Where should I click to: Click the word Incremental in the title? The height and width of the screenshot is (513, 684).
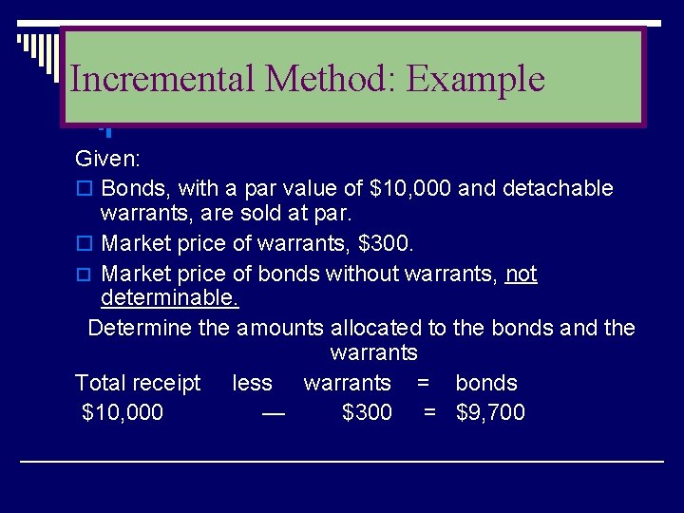[x=162, y=78]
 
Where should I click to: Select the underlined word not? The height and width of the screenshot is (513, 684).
[x=522, y=275]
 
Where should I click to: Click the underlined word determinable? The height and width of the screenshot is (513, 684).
[x=170, y=299]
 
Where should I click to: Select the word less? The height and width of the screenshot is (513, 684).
[x=252, y=383]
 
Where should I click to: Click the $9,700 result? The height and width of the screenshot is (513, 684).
[x=490, y=412]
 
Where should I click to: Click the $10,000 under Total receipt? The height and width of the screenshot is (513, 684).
[x=123, y=412]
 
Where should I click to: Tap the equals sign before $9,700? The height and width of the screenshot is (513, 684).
[x=429, y=412]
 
